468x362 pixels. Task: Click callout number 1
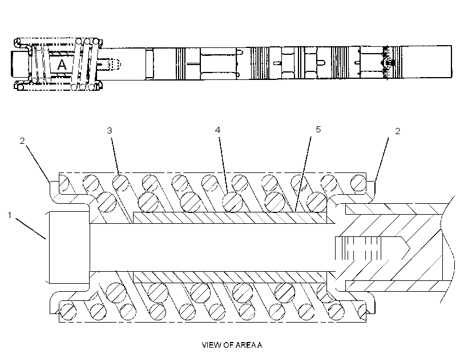pyautogui.click(x=10, y=215)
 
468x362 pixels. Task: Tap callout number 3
pyautogui.click(x=110, y=131)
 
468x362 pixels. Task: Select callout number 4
pyautogui.click(x=217, y=130)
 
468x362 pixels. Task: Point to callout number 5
pyautogui.click(x=318, y=130)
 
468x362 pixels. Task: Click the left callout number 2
pyautogui.click(x=22, y=140)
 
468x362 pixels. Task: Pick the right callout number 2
pyautogui.click(x=398, y=131)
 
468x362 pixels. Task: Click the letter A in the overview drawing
pyautogui.click(x=62, y=65)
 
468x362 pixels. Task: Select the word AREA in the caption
pyautogui.click(x=244, y=345)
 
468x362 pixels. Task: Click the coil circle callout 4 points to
pyautogui.click(x=232, y=202)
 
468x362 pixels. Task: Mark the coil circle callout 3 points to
pyautogui.click(x=120, y=183)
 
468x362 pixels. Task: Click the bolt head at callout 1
pyautogui.click(x=68, y=247)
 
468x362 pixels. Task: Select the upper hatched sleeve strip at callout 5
pyautogui.click(x=230, y=218)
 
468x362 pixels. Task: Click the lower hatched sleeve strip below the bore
pyautogui.click(x=230, y=277)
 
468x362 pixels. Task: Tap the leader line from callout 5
pyautogui.click(x=302, y=174)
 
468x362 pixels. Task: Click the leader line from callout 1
pyautogui.click(x=30, y=228)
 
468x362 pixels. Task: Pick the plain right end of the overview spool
pyautogui.click(x=426, y=62)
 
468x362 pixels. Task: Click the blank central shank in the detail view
pyautogui.click(x=212, y=248)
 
